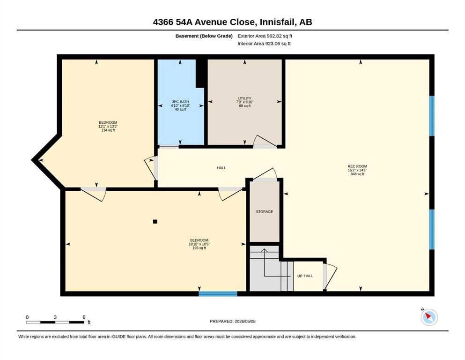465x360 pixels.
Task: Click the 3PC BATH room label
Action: pyautogui.click(x=180, y=102)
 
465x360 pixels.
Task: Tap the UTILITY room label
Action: pyautogui.click(x=244, y=98)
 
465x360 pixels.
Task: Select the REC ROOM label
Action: pyautogui.click(x=357, y=166)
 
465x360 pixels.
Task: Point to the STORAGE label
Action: pyautogui.click(x=265, y=211)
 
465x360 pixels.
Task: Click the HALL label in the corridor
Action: pyautogui.click(x=221, y=168)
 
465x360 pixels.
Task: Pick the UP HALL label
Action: pyautogui.click(x=305, y=276)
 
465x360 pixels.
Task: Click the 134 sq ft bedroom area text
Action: pyautogui.click(x=108, y=130)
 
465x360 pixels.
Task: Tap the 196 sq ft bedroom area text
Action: pyautogui.click(x=199, y=248)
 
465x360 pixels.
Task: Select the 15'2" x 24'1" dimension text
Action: pyautogui.click(x=357, y=170)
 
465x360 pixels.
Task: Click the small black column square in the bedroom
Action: pyautogui.click(x=155, y=221)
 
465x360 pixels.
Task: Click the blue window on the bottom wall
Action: pyautogui.click(x=218, y=294)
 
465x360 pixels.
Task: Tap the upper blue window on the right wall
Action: pyautogui.click(x=432, y=116)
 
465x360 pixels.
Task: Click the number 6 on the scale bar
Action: pyautogui.click(x=84, y=317)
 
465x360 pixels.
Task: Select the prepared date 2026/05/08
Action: pyautogui.click(x=245, y=321)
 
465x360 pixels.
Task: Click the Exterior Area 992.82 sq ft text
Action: pyautogui.click(x=265, y=36)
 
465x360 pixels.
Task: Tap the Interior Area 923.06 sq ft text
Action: pyautogui.click(x=264, y=44)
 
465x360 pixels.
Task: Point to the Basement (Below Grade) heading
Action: pyautogui.click(x=204, y=36)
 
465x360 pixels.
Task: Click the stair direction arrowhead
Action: pyautogui.click(x=264, y=250)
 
